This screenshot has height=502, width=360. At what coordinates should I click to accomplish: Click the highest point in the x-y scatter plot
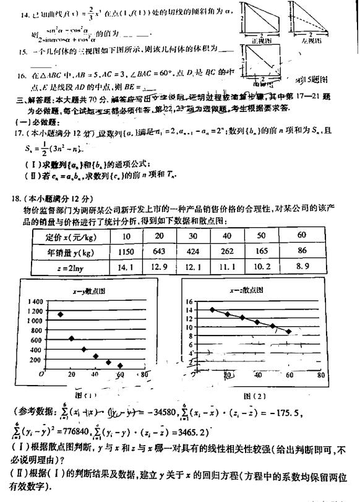point(60,314)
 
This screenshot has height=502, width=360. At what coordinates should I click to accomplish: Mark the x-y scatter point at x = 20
point(72,339)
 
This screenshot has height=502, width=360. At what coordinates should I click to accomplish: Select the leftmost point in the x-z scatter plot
point(212,309)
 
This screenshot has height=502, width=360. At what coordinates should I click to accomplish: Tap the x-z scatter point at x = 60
point(288,331)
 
